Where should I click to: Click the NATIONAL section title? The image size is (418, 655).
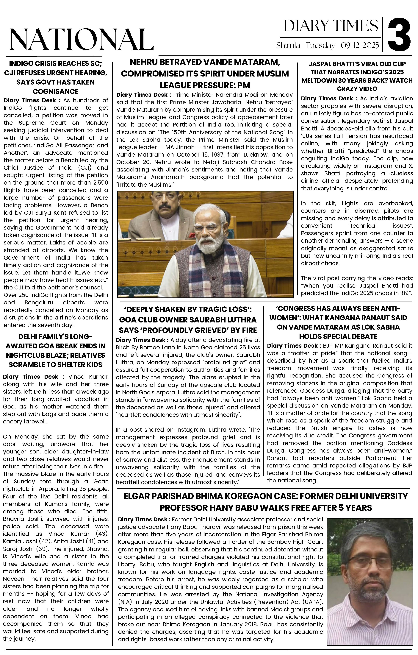tap(82, 39)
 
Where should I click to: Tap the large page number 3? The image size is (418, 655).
tap(399, 35)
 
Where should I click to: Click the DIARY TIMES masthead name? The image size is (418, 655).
tap(331, 26)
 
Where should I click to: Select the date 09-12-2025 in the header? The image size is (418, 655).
tap(360, 45)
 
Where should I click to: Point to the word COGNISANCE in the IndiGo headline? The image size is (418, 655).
tap(55, 91)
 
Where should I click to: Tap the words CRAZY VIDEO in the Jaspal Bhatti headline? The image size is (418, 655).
tap(357, 89)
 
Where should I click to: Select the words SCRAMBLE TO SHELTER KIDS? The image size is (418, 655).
tap(55, 365)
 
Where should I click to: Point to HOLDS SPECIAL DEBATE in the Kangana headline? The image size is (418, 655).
tap(338, 336)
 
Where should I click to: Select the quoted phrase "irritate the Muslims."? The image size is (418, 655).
tap(145, 185)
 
